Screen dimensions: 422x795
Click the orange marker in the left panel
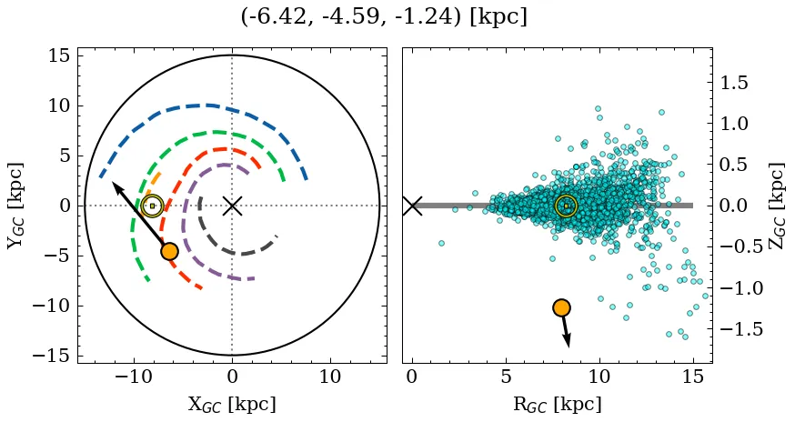(x=169, y=251)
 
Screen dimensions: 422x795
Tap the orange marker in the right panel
(x=561, y=307)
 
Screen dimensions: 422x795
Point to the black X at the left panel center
(x=232, y=206)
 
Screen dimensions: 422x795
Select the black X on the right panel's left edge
(x=412, y=206)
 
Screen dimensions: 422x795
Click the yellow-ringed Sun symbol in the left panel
(x=152, y=206)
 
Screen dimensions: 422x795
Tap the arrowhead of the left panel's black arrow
(x=116, y=186)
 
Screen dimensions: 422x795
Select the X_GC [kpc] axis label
(x=232, y=404)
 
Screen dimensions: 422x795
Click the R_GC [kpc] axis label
(x=558, y=404)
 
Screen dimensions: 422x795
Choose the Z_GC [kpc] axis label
(x=775, y=206)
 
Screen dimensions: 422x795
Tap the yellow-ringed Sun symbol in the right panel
(x=566, y=206)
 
